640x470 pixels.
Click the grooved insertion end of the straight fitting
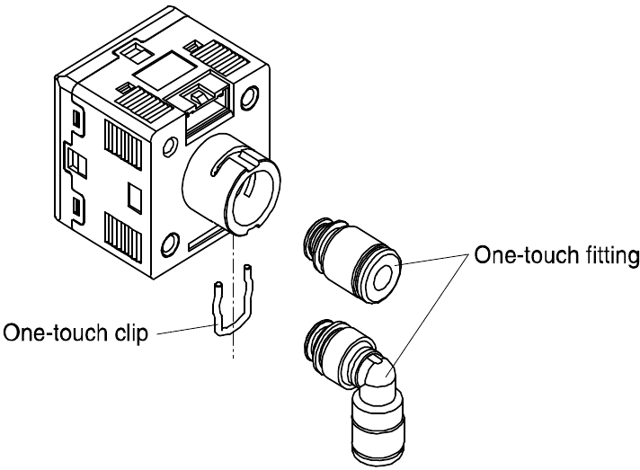[x=316, y=235]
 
